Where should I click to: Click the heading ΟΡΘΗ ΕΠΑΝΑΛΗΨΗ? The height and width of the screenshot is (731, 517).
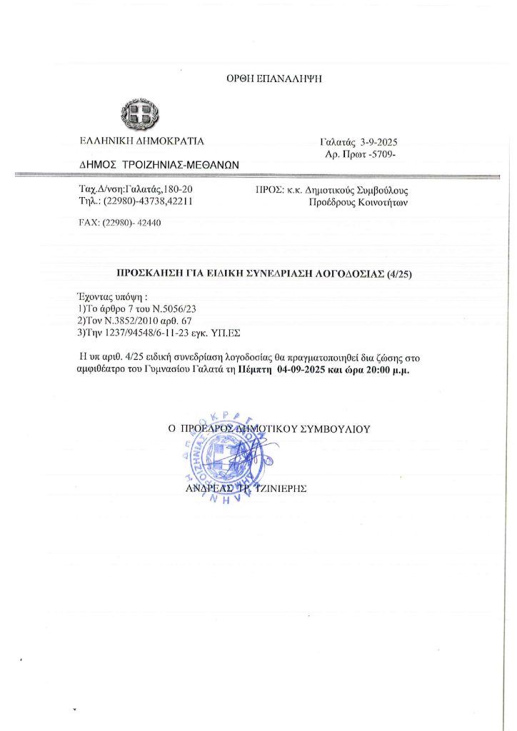click(x=275, y=79)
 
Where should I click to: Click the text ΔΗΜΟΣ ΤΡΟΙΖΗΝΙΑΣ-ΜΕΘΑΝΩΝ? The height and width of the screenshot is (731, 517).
click(x=159, y=164)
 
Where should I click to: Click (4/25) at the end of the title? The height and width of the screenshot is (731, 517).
click(x=398, y=273)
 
